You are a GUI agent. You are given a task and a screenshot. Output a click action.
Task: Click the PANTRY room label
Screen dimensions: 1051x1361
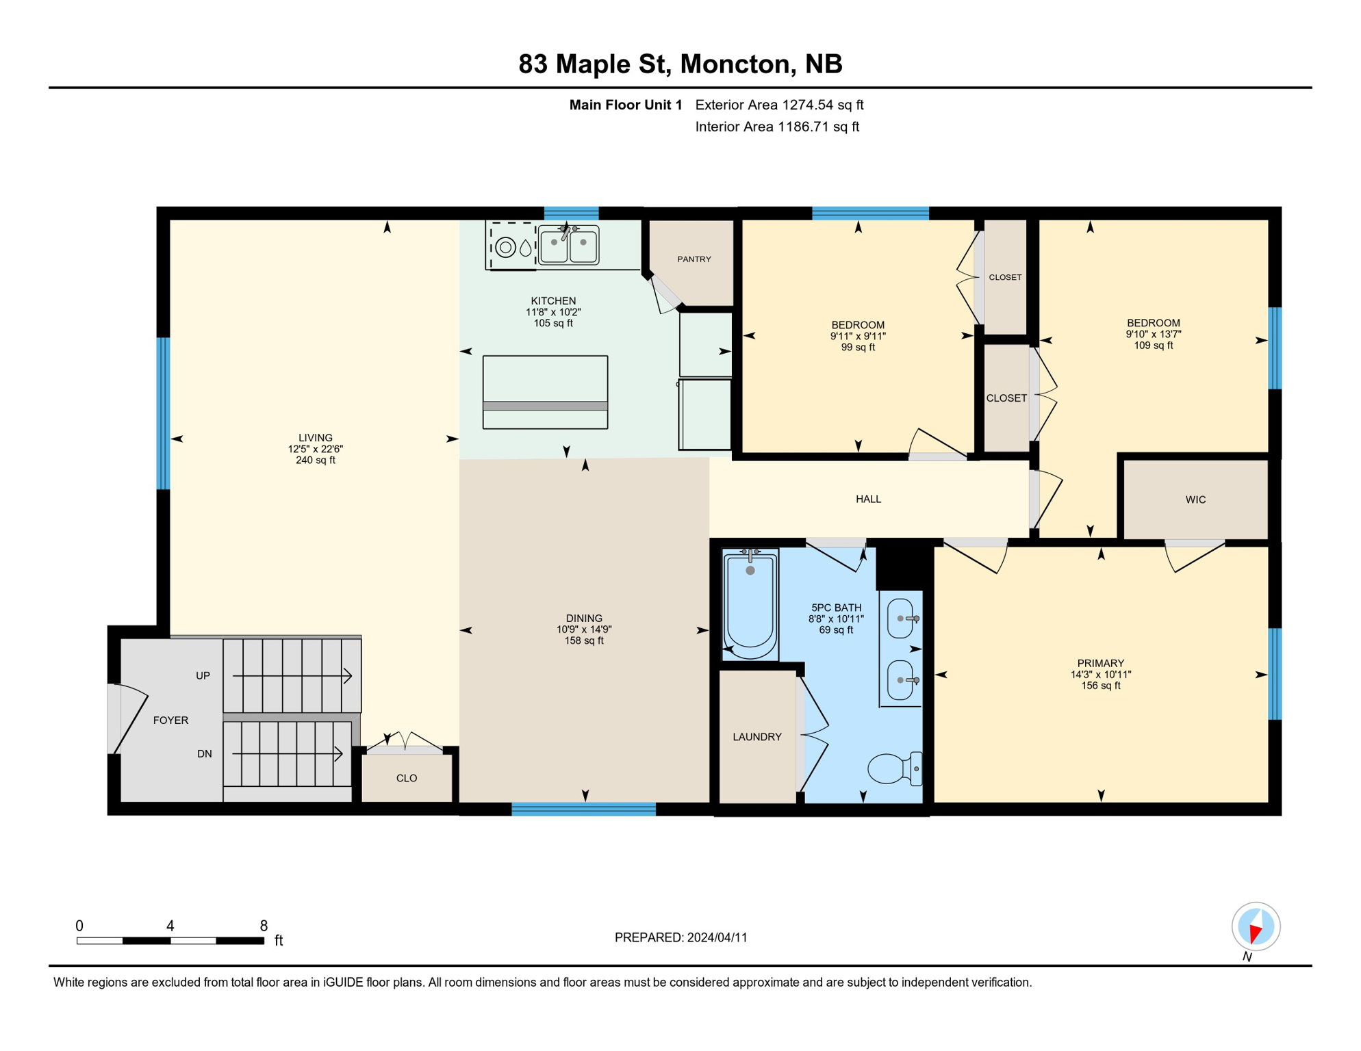coord(694,259)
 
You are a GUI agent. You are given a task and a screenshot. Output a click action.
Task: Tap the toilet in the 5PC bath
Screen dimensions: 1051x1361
coord(893,768)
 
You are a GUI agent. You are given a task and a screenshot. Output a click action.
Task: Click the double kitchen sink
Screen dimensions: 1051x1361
coord(568,245)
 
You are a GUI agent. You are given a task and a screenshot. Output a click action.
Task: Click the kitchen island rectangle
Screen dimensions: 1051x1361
coord(545,392)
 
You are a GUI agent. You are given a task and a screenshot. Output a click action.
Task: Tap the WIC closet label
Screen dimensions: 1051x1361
coord(1195,499)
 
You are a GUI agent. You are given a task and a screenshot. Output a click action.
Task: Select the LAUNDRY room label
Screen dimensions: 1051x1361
coord(756,737)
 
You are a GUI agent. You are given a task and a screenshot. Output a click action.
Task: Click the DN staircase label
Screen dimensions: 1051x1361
coord(204,754)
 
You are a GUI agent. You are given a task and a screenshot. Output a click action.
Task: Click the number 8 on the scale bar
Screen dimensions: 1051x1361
coord(264,926)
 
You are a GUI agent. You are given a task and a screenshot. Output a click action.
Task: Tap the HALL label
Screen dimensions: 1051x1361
coord(868,499)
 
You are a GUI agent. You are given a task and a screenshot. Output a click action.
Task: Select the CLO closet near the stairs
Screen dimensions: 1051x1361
coord(407,778)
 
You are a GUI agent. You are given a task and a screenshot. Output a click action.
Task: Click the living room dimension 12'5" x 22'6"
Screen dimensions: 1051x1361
coord(315,449)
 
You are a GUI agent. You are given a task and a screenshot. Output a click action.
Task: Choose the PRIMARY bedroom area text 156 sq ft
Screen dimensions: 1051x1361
coord(1100,686)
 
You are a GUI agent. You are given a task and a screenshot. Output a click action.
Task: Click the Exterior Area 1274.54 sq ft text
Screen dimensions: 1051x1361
coord(779,105)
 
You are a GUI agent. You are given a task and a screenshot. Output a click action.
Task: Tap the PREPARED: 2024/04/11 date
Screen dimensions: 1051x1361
coord(680,937)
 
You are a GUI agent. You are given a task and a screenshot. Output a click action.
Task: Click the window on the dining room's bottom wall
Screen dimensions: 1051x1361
coord(583,809)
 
